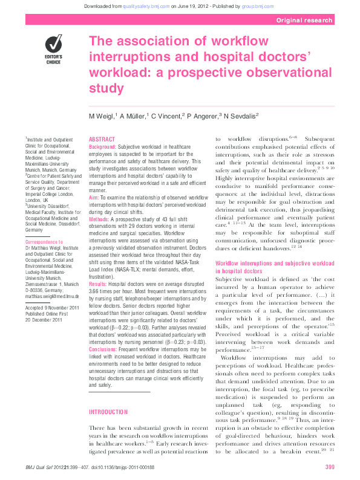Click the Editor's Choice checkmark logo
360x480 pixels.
coord(54,45)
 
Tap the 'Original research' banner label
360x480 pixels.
coord(304,20)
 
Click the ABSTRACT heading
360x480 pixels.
coord(102,139)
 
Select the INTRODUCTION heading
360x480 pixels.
coord(108,412)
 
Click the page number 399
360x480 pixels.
coord(330,466)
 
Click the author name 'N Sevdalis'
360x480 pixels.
coord(240,115)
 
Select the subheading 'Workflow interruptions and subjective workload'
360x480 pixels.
coord(275,264)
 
